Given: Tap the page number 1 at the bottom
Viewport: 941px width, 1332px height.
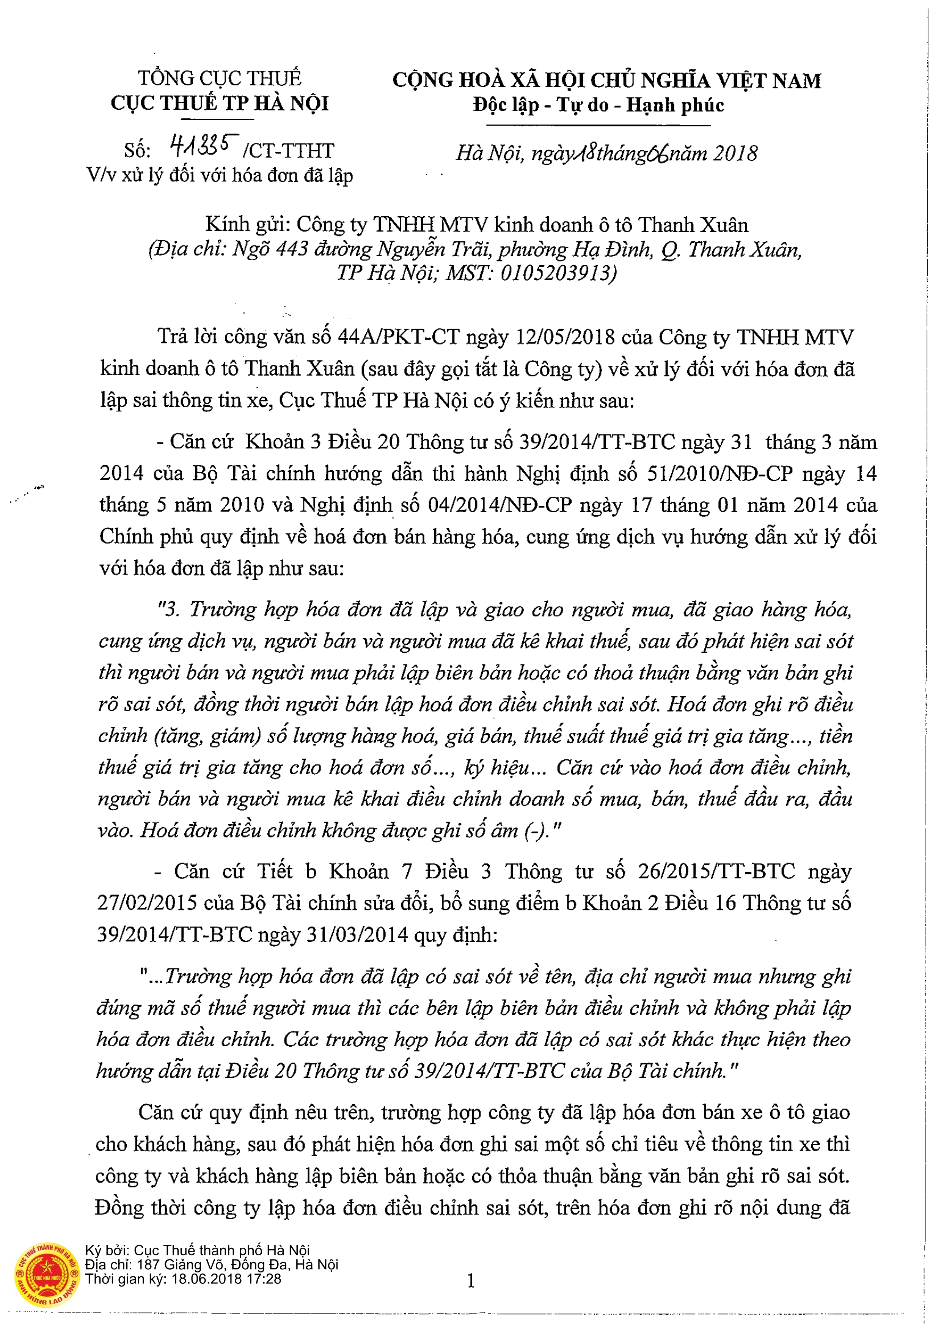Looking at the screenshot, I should coord(471,1280).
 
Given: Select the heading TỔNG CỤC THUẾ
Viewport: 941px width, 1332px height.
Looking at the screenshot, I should coord(220,78).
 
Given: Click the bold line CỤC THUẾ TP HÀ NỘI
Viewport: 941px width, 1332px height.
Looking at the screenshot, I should coord(220,104).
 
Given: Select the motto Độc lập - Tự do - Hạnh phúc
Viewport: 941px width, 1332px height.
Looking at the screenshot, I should coord(599,105).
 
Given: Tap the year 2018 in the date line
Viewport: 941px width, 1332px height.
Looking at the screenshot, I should coord(735,154).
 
